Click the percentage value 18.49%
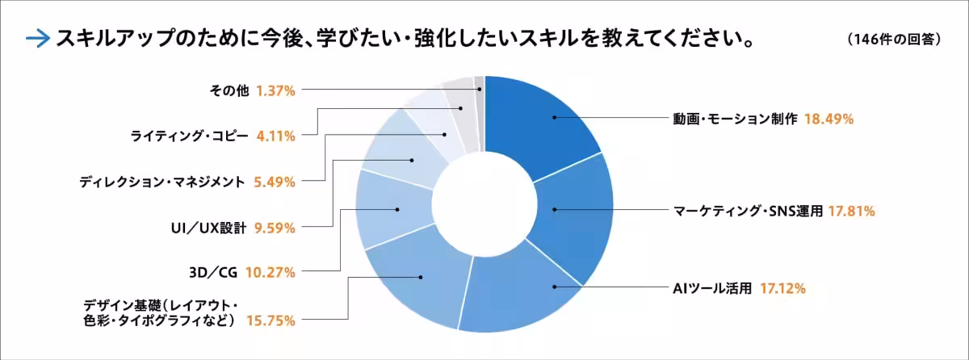(829, 119)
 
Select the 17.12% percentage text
(782, 288)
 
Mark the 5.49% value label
(274, 182)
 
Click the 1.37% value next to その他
(275, 90)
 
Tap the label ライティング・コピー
(190, 136)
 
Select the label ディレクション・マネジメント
(161, 182)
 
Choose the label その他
(229, 90)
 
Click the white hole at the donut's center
(484, 202)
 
